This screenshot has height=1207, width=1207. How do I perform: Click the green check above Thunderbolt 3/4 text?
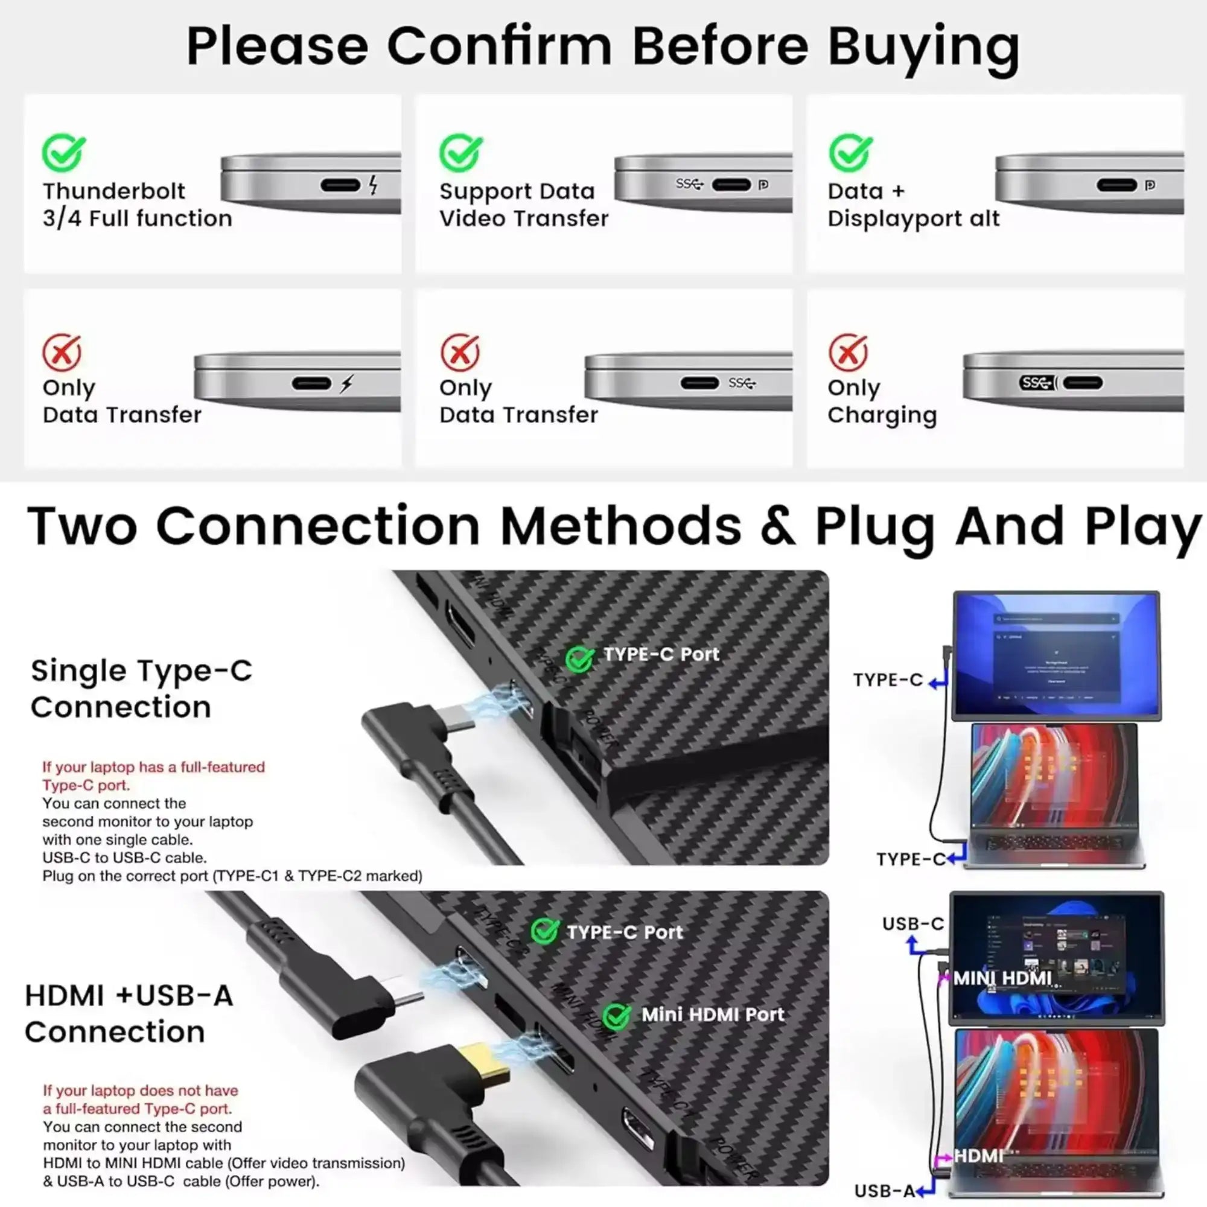[64, 153]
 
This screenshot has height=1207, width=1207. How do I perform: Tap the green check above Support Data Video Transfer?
[460, 153]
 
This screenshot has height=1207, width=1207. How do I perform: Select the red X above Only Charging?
[848, 352]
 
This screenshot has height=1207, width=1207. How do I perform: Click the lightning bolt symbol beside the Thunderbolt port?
[373, 184]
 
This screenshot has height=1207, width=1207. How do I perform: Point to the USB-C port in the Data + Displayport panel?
[1116, 185]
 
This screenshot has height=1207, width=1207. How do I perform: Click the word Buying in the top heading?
[923, 47]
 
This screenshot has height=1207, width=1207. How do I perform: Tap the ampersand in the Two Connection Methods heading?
[779, 526]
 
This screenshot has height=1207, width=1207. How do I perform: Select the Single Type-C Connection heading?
[141, 689]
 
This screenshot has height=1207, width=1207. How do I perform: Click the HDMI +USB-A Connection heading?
[129, 1013]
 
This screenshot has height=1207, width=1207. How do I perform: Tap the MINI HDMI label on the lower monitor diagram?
[1002, 978]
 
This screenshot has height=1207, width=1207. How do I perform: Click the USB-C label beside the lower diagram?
[912, 923]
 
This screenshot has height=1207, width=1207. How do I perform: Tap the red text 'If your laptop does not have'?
[141, 1090]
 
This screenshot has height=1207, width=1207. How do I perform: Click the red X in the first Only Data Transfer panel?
[61, 352]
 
